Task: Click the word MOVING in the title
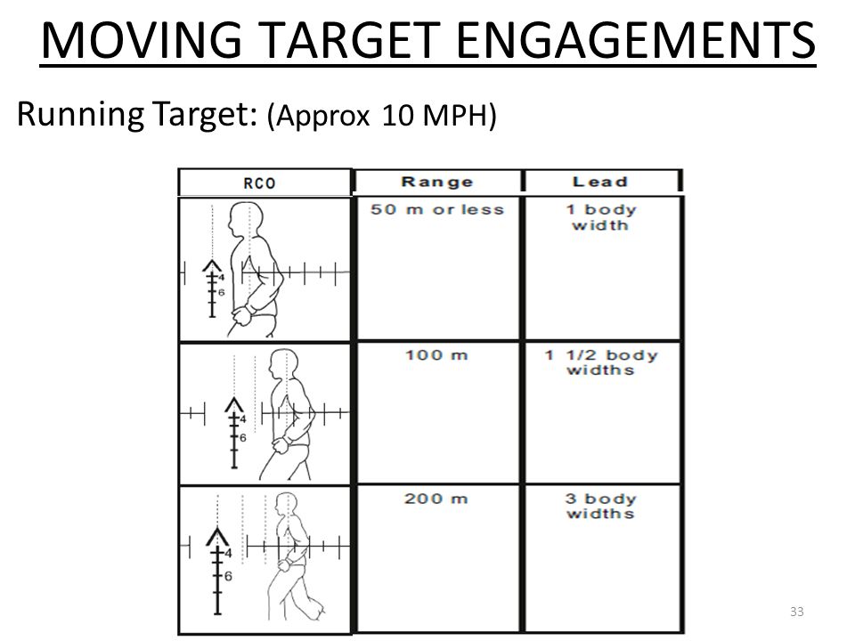(x=142, y=40)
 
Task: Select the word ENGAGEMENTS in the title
(x=636, y=40)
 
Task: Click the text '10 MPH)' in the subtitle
(x=439, y=115)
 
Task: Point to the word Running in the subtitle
(x=81, y=114)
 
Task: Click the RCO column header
(x=259, y=183)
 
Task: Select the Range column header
(x=437, y=182)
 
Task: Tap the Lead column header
(x=599, y=182)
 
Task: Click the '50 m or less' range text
(x=437, y=210)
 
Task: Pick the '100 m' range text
(x=436, y=355)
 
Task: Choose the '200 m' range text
(x=436, y=499)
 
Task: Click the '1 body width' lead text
(x=601, y=217)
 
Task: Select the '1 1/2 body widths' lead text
(x=601, y=362)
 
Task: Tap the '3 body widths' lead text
(x=600, y=507)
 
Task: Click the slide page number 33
(x=796, y=612)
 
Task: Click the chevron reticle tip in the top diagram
(x=212, y=261)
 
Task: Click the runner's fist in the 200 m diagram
(x=283, y=564)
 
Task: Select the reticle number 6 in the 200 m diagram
(x=228, y=576)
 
